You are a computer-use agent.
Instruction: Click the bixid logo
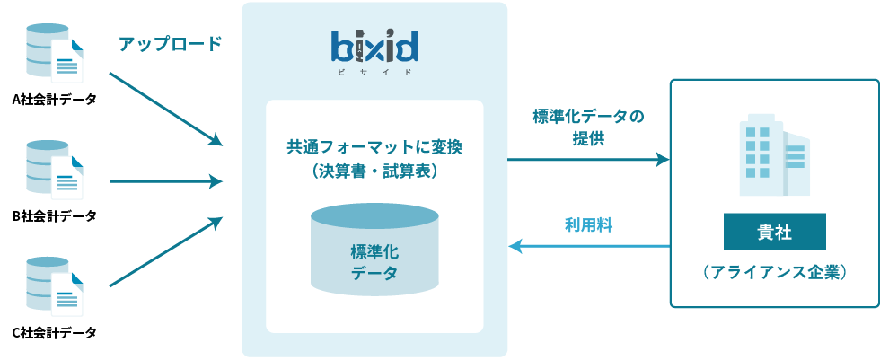pos(374,46)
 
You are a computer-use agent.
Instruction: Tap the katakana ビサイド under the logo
pos(374,70)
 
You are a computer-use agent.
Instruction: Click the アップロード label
pos(170,44)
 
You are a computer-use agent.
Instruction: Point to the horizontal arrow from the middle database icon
pos(165,181)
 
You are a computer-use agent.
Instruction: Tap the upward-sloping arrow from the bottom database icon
pos(165,252)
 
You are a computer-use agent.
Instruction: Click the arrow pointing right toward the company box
pos(588,160)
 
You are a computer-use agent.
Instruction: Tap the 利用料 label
pos(588,225)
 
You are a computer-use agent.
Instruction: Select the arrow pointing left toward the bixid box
pos(588,244)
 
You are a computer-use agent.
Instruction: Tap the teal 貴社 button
pos(774,233)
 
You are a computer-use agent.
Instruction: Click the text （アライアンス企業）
pos(774,272)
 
